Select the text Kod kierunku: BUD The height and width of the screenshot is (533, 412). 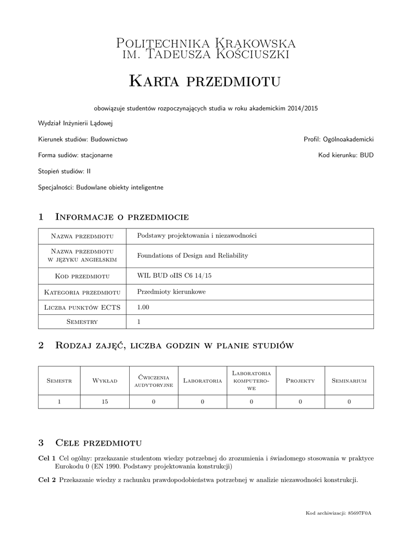click(346, 155)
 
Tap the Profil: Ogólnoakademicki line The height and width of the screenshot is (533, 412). click(339, 139)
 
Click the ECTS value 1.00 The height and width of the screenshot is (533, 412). click(143, 307)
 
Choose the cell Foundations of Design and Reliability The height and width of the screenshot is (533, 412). click(192, 256)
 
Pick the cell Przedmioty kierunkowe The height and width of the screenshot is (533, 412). click(171, 291)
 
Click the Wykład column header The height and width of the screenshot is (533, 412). click(105, 381)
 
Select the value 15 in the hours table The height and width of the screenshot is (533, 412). click(105, 401)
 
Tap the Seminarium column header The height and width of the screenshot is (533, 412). click(349, 381)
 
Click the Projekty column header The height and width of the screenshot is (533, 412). click(301, 381)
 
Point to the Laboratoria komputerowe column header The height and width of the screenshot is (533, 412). click(251, 381)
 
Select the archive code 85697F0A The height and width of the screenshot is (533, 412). click(360, 514)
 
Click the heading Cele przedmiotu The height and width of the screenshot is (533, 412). click(98, 443)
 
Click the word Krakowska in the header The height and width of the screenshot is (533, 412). click(256, 43)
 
